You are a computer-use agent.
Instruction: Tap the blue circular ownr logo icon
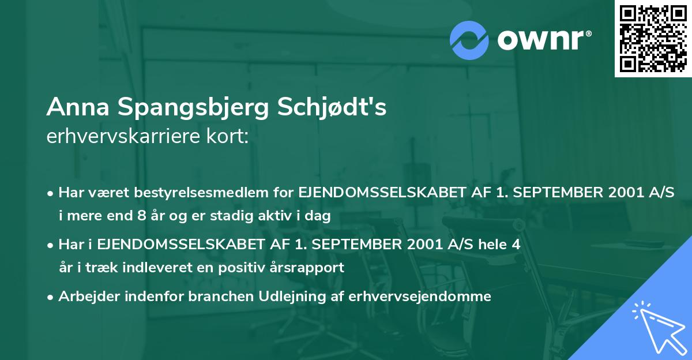point(469,40)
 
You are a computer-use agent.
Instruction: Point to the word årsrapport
point(310,268)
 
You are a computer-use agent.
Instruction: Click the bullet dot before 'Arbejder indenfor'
point(51,297)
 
